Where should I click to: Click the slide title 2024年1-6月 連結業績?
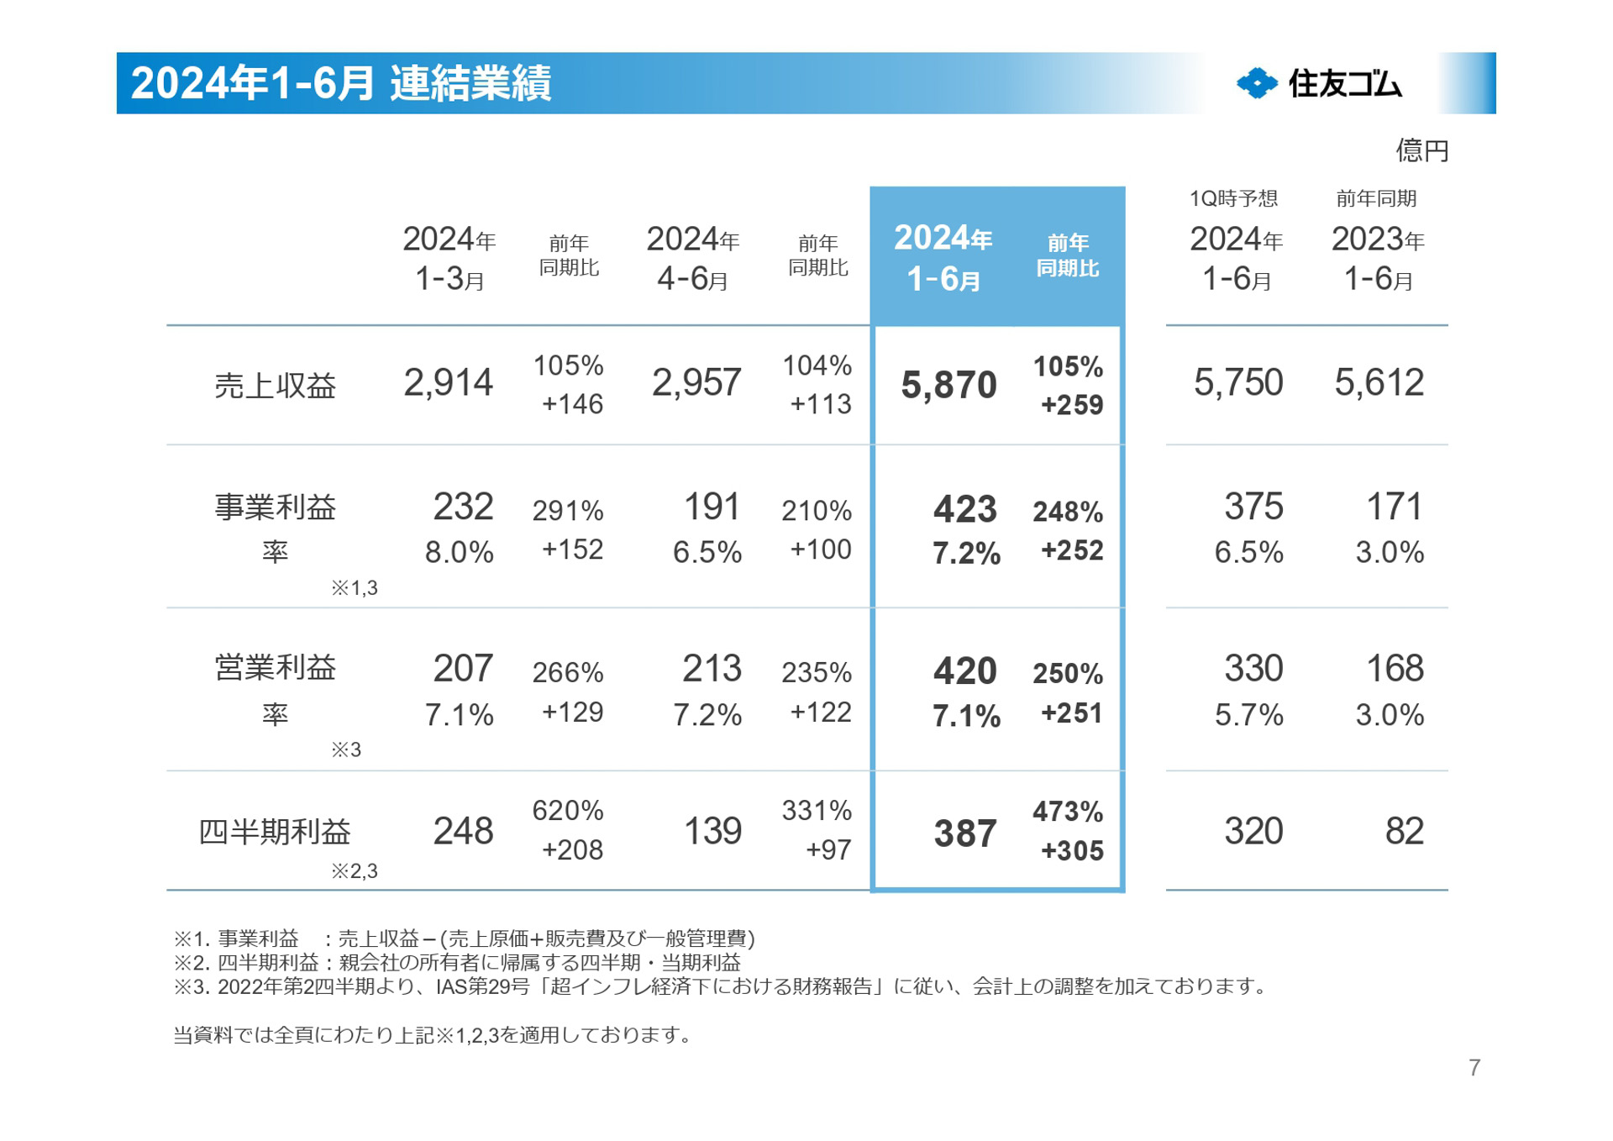pyautogui.click(x=340, y=83)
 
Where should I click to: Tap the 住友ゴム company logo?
pyautogui.click(x=1319, y=83)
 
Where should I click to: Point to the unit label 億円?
pyautogui.click(x=1421, y=150)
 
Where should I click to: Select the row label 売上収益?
pyautogui.click(x=275, y=386)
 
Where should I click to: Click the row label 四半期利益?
pyautogui.click(x=275, y=832)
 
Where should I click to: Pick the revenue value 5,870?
pyautogui.click(x=948, y=386)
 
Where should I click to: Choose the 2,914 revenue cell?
pyautogui.click(x=448, y=383)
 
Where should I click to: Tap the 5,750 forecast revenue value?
pyautogui.click(x=1238, y=383)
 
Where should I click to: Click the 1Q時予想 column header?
pyautogui.click(x=1233, y=198)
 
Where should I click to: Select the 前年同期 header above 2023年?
pyautogui.click(x=1376, y=198)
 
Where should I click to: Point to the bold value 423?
pyautogui.click(x=964, y=509)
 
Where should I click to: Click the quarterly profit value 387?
pyautogui.click(x=964, y=833)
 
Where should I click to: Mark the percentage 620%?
pyautogui.click(x=568, y=811)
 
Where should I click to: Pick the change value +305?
pyautogui.click(x=1072, y=851)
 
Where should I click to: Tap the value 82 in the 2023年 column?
pyautogui.click(x=1404, y=832)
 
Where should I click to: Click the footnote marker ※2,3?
pyautogui.click(x=354, y=871)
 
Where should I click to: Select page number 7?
pyautogui.click(x=1474, y=1068)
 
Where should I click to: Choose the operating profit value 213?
pyautogui.click(x=712, y=669)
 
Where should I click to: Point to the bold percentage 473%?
pyautogui.click(x=1068, y=812)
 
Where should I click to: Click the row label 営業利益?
pyautogui.click(x=275, y=668)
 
